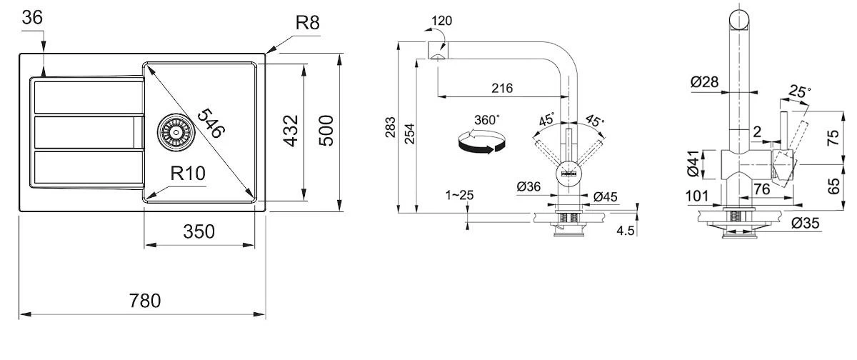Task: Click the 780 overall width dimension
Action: (144, 301)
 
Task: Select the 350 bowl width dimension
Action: (200, 231)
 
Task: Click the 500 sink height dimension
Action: (325, 130)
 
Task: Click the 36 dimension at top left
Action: (33, 19)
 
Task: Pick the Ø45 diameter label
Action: (605, 196)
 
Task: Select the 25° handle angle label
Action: (800, 92)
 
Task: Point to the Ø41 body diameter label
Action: (692, 164)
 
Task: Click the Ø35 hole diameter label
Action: (806, 224)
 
